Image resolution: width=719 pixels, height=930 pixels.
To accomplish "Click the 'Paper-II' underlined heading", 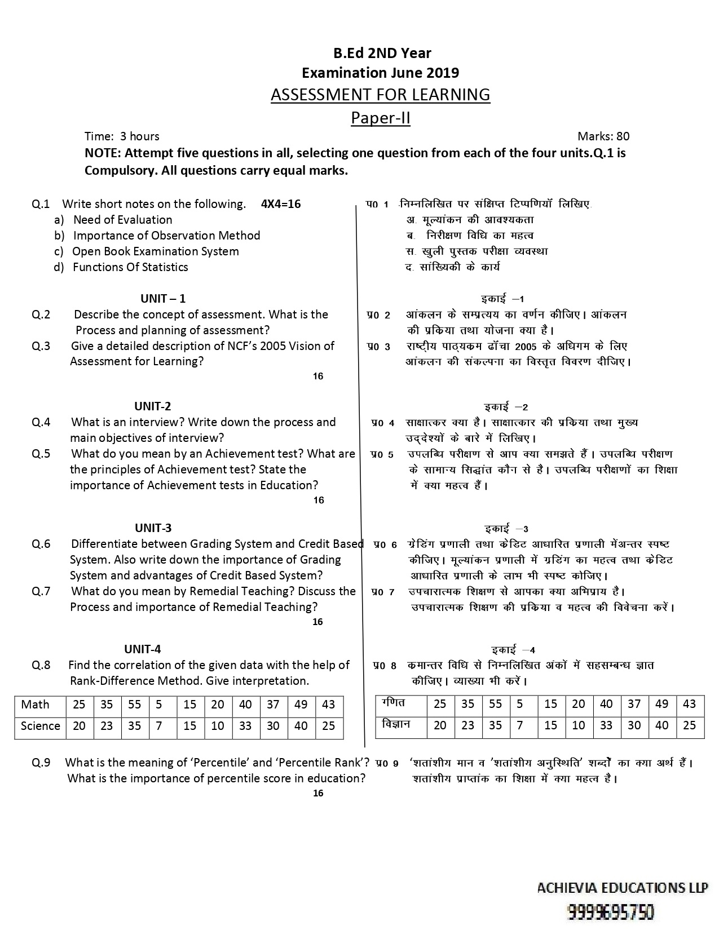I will point(381,118).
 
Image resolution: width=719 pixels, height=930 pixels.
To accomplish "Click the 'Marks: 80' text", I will point(603,136).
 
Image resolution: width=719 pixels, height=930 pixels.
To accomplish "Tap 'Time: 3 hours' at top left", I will point(122,136).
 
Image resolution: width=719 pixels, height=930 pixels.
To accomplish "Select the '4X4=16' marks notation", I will point(281,204).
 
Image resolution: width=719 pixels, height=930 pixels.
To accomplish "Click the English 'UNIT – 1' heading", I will point(163,299).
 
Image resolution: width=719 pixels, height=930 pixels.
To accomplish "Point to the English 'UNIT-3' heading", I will point(153,528).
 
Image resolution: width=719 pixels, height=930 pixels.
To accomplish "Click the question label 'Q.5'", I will point(41,454).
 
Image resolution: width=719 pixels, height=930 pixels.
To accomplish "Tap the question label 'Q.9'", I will point(41,763).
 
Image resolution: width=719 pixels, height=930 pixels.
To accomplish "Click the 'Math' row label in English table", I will point(35,705).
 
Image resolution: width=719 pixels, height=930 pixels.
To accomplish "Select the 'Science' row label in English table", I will point(40,726).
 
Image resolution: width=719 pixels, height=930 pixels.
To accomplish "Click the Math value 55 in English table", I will point(134,705).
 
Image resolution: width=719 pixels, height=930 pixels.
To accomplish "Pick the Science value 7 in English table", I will point(159,726).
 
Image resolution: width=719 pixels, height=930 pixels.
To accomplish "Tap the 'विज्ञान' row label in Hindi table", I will point(396,725).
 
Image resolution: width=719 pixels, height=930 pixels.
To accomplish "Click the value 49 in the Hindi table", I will point(662,704).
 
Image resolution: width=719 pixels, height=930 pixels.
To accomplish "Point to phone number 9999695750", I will point(611,912).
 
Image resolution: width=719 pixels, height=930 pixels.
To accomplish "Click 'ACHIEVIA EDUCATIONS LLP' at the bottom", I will point(622,888).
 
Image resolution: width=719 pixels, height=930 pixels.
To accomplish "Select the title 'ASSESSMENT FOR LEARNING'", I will point(381,95).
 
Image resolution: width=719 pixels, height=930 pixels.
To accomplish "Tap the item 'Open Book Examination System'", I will point(156,251).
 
